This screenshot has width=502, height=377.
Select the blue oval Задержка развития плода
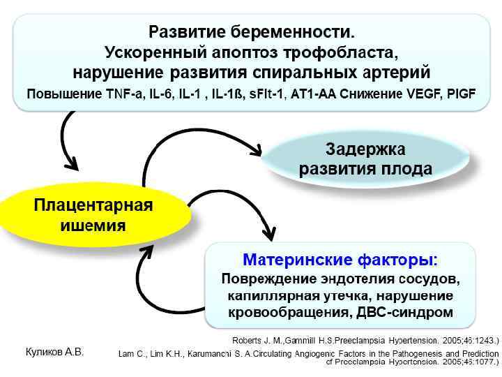[x=365, y=159]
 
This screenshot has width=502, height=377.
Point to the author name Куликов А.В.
[x=54, y=352]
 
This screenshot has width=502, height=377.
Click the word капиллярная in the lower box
[x=272, y=296]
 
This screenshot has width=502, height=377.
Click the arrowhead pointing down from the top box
[x=70, y=165]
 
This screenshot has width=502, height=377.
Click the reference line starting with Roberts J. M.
[x=365, y=341]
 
